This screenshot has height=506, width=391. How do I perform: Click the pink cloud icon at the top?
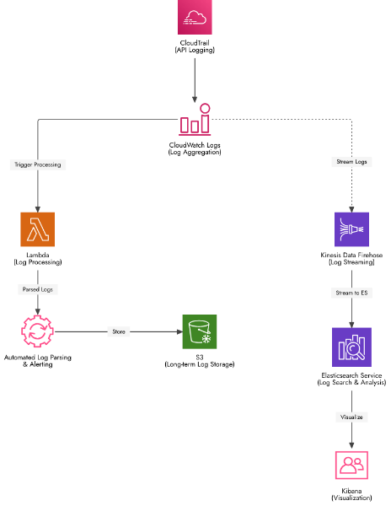[195, 17]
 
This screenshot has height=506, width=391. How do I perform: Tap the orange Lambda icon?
[37, 229]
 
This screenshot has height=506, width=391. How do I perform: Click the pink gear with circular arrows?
[37, 331]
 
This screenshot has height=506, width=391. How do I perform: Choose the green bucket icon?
[200, 331]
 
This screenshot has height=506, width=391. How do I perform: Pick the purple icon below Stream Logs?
[351, 229]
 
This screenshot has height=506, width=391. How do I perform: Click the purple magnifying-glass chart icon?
[351, 347]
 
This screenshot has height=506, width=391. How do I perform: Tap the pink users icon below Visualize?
[351, 465]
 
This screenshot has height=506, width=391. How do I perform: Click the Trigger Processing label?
[38, 164]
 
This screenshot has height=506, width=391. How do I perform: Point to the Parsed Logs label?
[38, 289]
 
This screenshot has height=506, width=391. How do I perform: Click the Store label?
[119, 331]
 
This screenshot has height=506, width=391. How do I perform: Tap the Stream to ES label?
[351, 293]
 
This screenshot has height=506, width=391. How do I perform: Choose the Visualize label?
[351, 417]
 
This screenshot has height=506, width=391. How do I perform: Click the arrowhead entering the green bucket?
[178, 331]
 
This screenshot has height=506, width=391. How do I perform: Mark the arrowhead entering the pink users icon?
[351, 445]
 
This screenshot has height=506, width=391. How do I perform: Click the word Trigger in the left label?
[24, 164]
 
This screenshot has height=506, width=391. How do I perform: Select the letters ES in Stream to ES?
[365, 293]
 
